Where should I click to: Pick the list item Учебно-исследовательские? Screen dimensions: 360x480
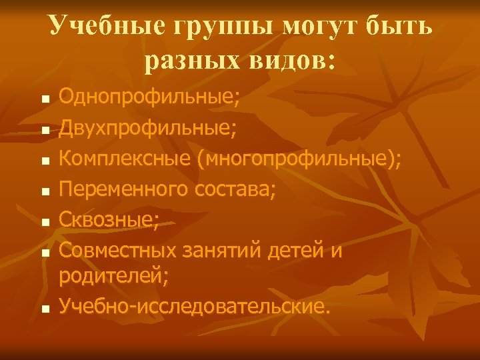[x=194, y=306]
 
